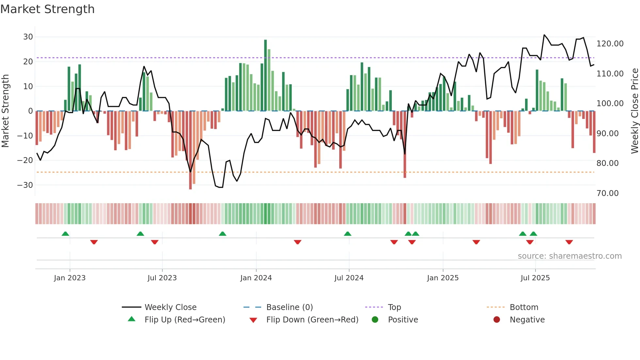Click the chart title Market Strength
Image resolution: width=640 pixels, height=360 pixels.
[x=48, y=9]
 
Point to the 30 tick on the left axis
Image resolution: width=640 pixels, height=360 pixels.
[x=28, y=37]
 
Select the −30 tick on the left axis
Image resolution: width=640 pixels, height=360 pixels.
[x=25, y=185]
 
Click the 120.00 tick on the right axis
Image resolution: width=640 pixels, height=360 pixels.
[x=610, y=44]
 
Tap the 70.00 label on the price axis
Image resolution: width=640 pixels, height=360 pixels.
[x=607, y=193]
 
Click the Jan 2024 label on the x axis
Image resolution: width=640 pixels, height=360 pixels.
[x=256, y=278]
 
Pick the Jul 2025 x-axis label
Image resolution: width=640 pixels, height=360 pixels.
[x=535, y=278]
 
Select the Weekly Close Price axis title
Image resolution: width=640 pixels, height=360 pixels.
[x=634, y=111]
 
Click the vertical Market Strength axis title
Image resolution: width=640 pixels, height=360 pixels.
[x=6, y=111]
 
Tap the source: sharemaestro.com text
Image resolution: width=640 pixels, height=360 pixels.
[x=569, y=256]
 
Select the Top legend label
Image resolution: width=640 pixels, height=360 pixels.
[x=394, y=307]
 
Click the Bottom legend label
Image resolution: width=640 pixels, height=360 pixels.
[x=524, y=307]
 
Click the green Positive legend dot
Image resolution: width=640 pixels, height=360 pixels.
[x=375, y=320]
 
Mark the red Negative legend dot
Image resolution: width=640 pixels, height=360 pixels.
[x=497, y=320]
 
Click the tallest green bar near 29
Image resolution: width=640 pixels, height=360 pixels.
[x=265, y=75]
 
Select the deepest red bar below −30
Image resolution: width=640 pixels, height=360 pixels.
[x=190, y=150]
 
